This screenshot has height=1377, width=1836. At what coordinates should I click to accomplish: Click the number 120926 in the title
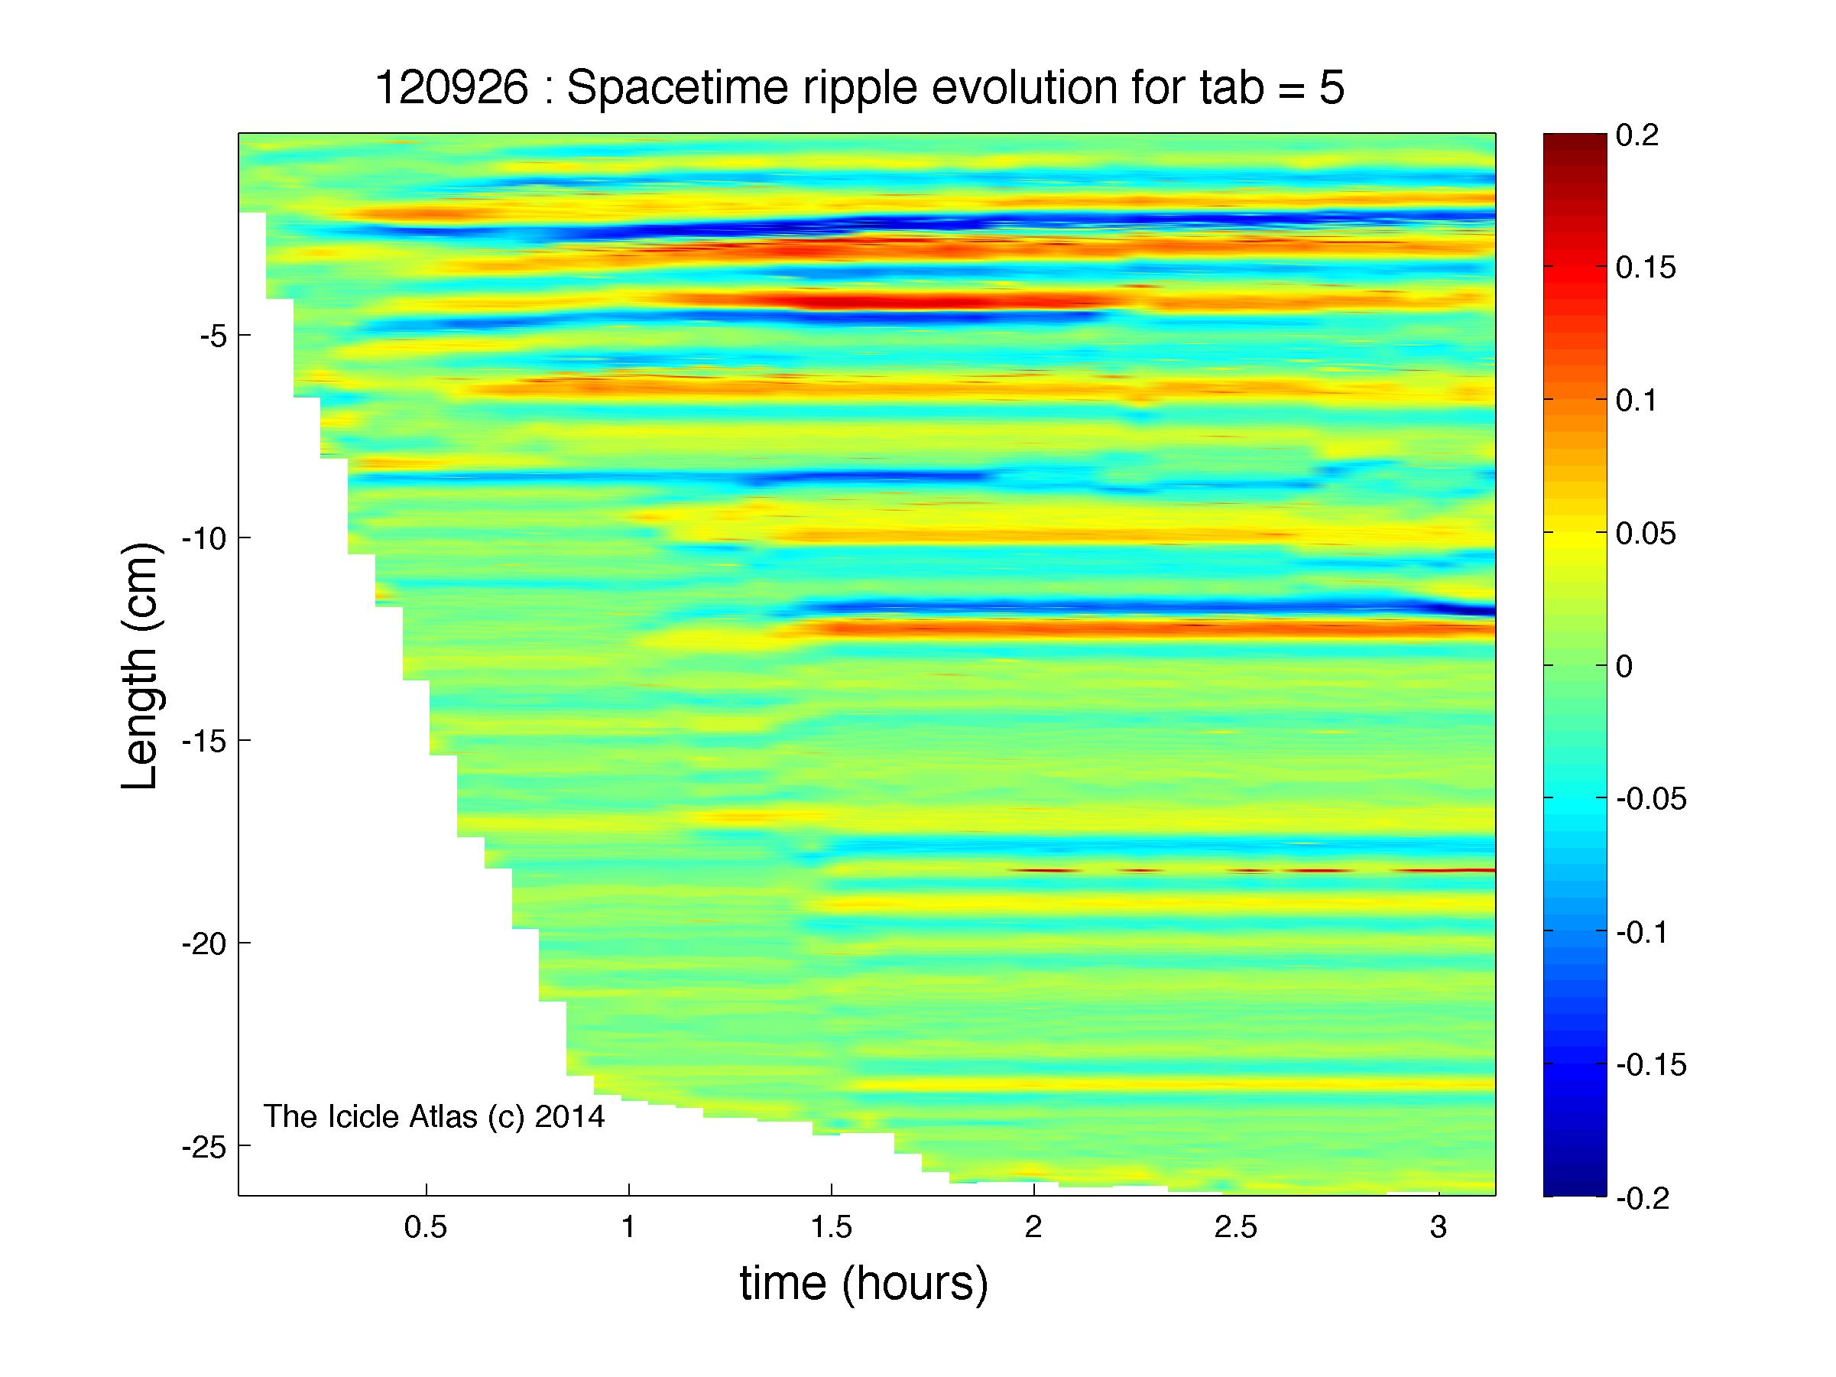(452, 87)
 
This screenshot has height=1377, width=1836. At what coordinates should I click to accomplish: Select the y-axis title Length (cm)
(139, 666)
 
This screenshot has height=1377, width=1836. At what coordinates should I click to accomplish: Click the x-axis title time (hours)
(864, 1283)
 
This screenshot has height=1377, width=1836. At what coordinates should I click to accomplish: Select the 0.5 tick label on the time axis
(426, 1228)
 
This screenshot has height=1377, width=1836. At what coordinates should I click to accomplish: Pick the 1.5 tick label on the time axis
(831, 1228)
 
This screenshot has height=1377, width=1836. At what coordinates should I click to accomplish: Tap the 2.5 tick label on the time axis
(1236, 1228)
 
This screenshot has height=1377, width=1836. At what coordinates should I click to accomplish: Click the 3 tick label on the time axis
(1439, 1228)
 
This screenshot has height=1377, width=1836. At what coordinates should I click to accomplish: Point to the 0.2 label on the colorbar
(1637, 135)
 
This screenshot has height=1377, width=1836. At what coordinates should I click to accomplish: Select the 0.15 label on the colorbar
(1646, 268)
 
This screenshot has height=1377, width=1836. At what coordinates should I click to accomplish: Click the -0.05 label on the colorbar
(1651, 798)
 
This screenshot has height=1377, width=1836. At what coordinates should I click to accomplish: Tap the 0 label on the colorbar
(1624, 666)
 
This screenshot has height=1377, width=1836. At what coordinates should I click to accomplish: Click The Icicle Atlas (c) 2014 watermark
(434, 1116)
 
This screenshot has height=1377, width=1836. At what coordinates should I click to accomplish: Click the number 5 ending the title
(1331, 87)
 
